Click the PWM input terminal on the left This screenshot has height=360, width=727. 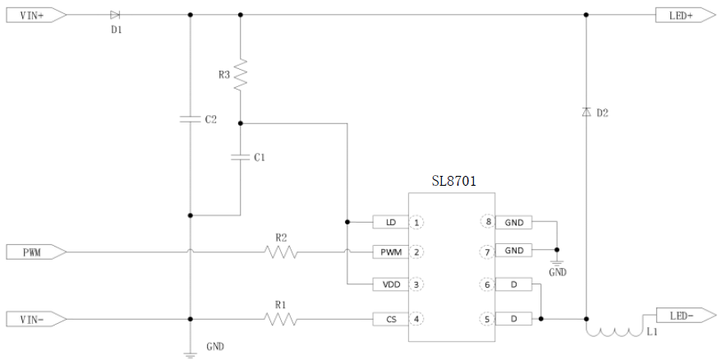(x=31, y=251)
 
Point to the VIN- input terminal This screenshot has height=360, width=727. (x=31, y=318)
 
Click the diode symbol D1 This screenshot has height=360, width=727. (x=115, y=15)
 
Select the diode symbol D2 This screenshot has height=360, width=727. (x=586, y=111)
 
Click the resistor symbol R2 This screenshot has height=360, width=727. (x=281, y=251)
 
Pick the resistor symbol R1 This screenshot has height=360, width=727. (x=281, y=318)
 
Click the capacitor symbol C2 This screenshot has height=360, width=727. (x=190, y=119)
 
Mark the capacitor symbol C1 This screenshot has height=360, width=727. (x=240, y=157)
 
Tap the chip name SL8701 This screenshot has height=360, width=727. (x=454, y=180)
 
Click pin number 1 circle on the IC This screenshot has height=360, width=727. (x=417, y=222)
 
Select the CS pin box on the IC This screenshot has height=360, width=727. (x=390, y=318)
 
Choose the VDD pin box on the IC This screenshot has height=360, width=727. (x=390, y=284)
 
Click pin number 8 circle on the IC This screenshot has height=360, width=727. (x=488, y=222)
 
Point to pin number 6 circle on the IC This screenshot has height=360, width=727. (x=488, y=284)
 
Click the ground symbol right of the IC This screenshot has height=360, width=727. (x=557, y=261)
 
